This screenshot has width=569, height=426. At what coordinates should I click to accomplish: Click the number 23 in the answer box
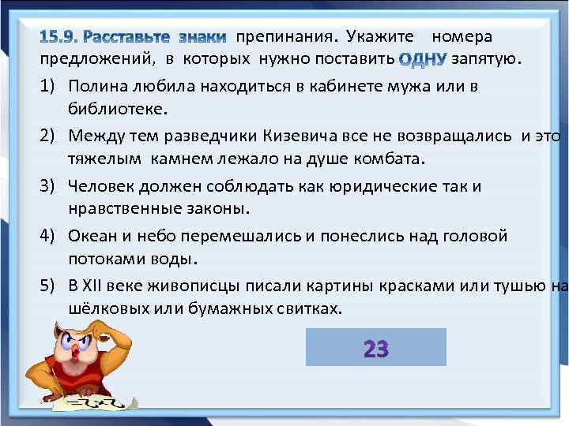pos(375,348)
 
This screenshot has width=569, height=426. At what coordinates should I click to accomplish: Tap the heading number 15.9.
pos(59,38)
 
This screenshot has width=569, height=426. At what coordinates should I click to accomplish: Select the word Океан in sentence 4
pos(91,237)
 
